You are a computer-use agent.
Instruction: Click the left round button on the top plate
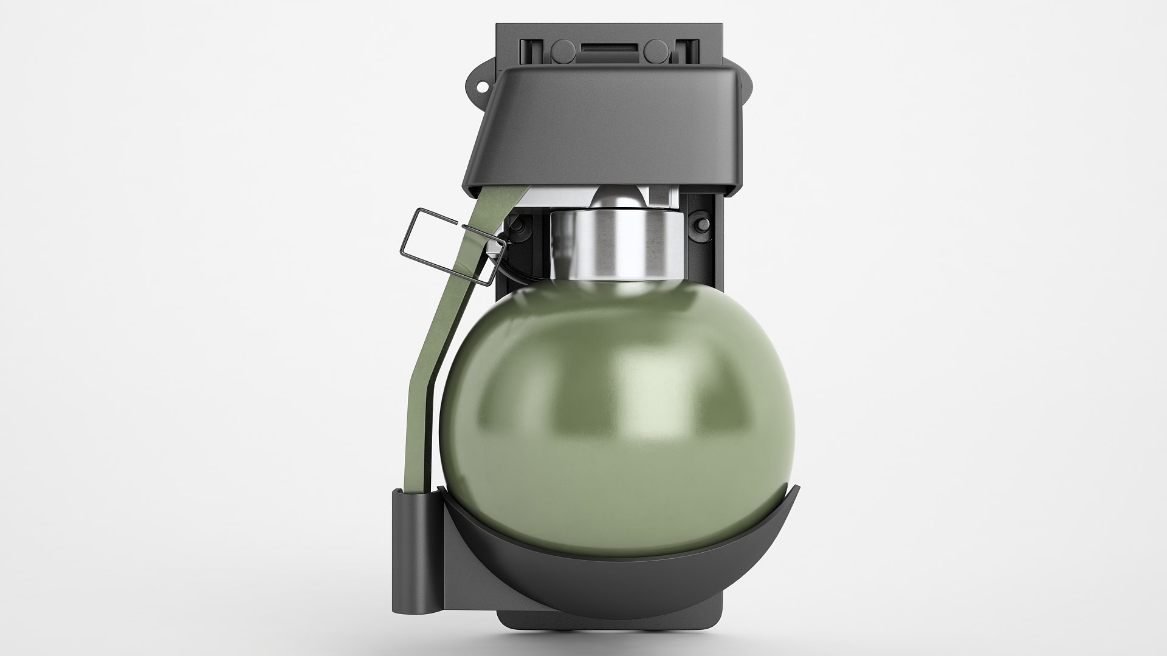tap(562, 48)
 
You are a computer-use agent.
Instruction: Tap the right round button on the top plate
tap(655, 48)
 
